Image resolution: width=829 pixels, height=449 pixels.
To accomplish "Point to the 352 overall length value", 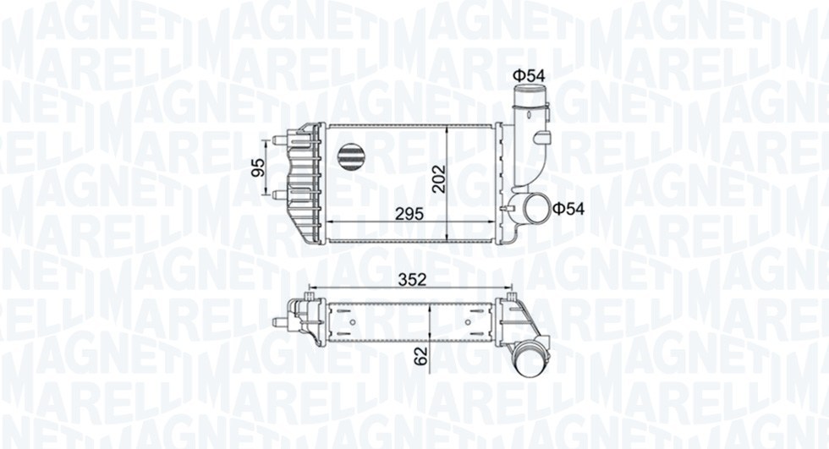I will pyautogui.click(x=411, y=278).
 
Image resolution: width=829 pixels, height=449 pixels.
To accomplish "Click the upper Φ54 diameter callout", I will pyautogui.click(x=529, y=76).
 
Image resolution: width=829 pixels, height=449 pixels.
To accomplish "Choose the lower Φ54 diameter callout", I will pyautogui.click(x=568, y=207).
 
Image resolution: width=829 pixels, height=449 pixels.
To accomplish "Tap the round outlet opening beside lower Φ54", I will pyautogui.click(x=535, y=206).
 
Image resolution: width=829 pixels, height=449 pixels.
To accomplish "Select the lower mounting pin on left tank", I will pyautogui.click(x=278, y=194).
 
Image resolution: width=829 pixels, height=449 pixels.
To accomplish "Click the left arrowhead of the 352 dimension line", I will pyautogui.click(x=314, y=287).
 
